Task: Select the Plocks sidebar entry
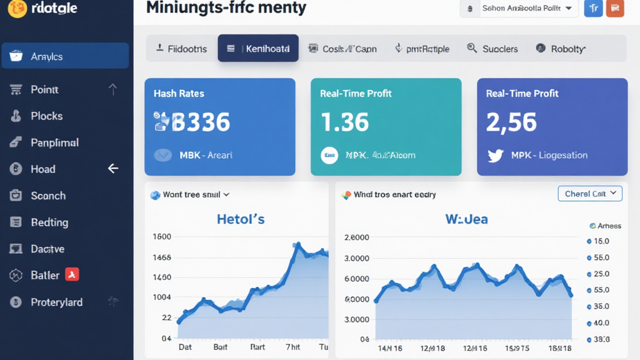point(46,116)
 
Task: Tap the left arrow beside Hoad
point(113,169)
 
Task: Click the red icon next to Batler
point(72,275)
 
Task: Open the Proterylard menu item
point(56,302)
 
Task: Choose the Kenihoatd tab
point(257,49)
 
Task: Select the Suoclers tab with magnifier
point(492,49)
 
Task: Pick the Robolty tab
point(561,49)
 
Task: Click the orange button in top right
point(615,9)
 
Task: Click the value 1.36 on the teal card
point(344,122)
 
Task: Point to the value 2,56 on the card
point(511,122)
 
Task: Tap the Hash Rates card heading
point(179,94)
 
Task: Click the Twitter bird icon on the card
point(495,156)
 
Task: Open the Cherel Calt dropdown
point(590,194)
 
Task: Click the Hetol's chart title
point(241,219)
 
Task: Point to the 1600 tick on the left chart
point(162,237)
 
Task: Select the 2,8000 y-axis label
point(357,238)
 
